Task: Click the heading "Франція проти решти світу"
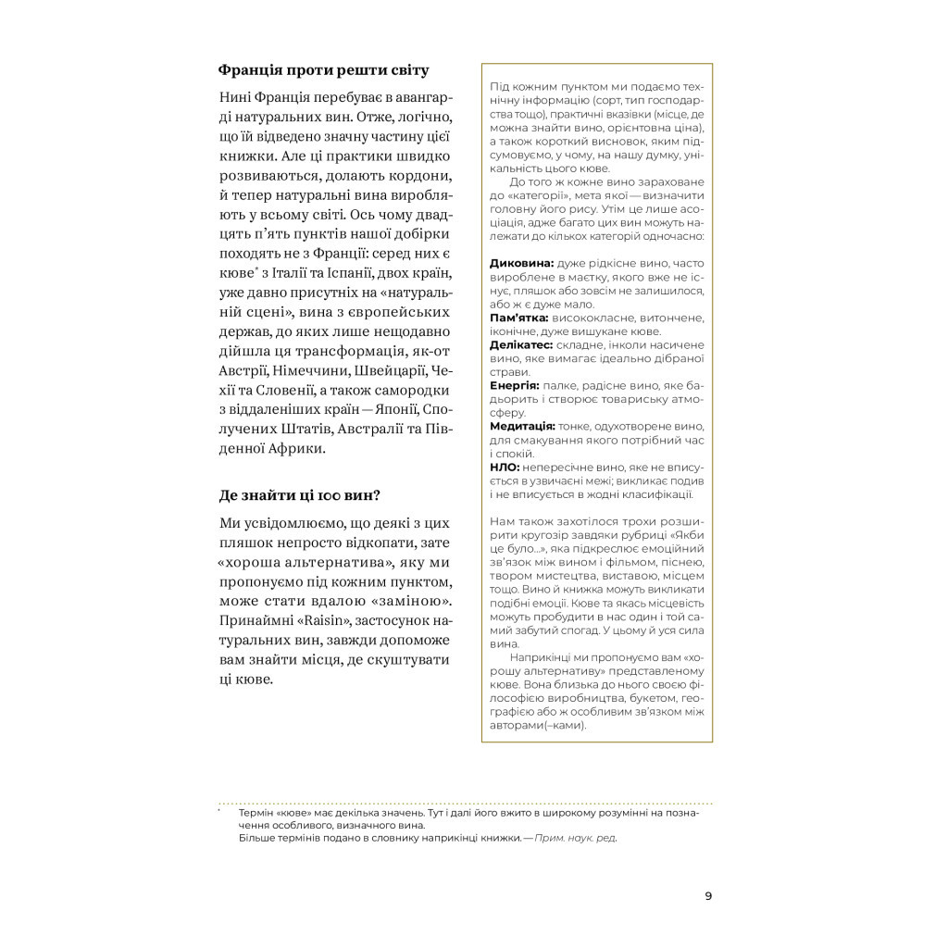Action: (x=323, y=70)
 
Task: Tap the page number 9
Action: (x=708, y=895)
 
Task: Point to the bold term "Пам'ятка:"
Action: (x=521, y=318)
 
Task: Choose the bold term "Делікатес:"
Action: (x=522, y=344)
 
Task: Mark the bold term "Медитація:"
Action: (x=522, y=426)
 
